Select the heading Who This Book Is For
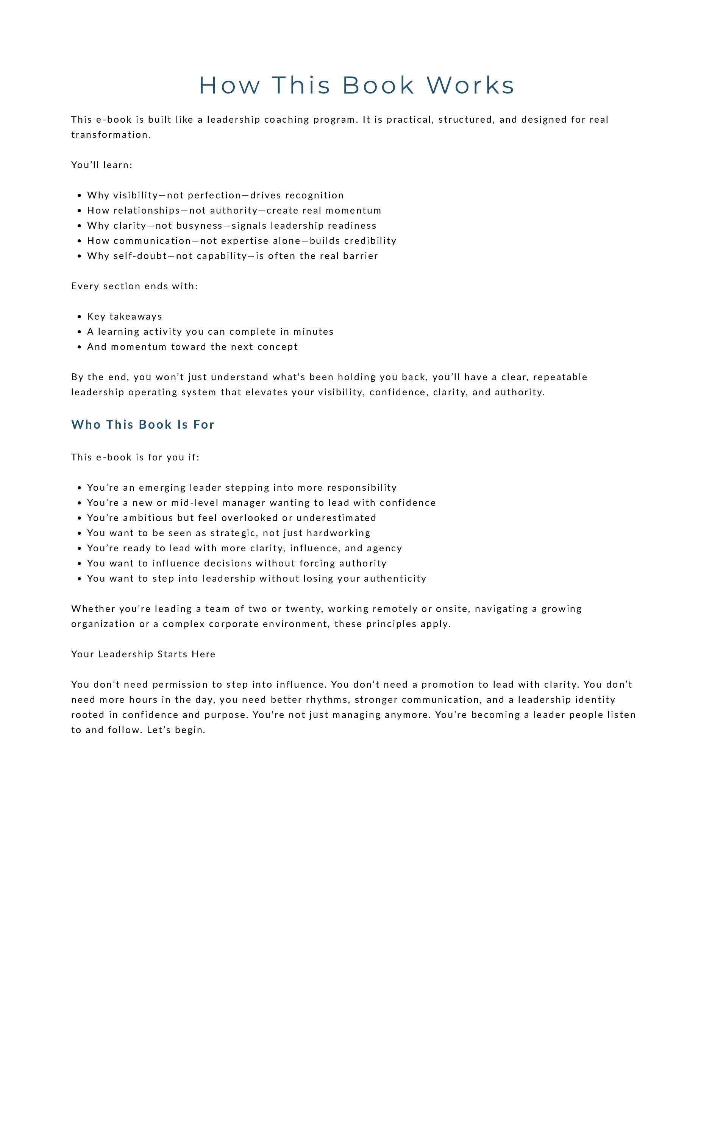click(143, 424)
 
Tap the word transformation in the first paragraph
click(111, 135)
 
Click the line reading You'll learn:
click(102, 165)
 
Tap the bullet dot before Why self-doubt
click(79, 256)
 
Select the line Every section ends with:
click(134, 286)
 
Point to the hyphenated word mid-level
click(195, 503)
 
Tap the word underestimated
click(336, 518)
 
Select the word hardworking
click(338, 533)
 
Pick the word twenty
click(304, 609)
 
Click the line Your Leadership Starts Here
click(143, 654)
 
